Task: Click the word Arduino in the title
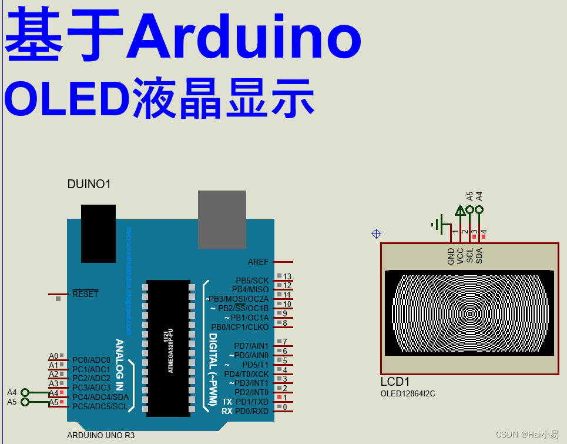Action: coord(244,36)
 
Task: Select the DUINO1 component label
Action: coord(89,184)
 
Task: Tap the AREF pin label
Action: coord(258,262)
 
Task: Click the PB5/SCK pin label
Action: coord(252,281)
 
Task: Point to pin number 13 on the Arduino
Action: coord(287,276)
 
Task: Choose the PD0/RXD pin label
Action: coord(251,411)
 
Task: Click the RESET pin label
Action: coord(85,294)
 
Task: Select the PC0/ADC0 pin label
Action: coord(91,360)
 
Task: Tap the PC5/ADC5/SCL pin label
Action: coord(100,406)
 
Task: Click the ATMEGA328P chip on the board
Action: coord(169,347)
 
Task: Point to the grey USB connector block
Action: coord(222,219)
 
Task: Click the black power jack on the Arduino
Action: coord(98,233)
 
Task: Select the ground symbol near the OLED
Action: coord(438,224)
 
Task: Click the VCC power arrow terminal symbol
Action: coord(460,211)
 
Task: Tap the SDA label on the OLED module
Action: coord(479,255)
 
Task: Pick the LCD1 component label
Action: coord(395,381)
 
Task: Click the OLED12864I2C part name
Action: coord(408,393)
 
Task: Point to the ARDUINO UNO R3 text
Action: coord(100,436)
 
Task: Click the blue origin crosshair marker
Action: coord(377,233)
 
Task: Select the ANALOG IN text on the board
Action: coord(119,365)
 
